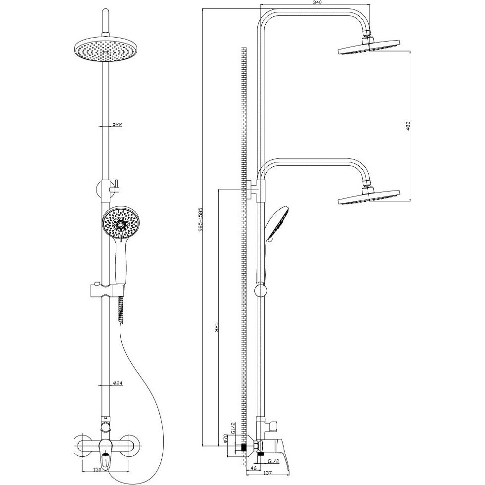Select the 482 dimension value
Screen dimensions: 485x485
(408, 125)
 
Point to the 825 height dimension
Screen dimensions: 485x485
(217, 327)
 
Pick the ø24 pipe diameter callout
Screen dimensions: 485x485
(118, 383)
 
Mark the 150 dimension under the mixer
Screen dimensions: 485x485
(97, 478)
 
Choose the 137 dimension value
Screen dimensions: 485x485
(268, 481)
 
